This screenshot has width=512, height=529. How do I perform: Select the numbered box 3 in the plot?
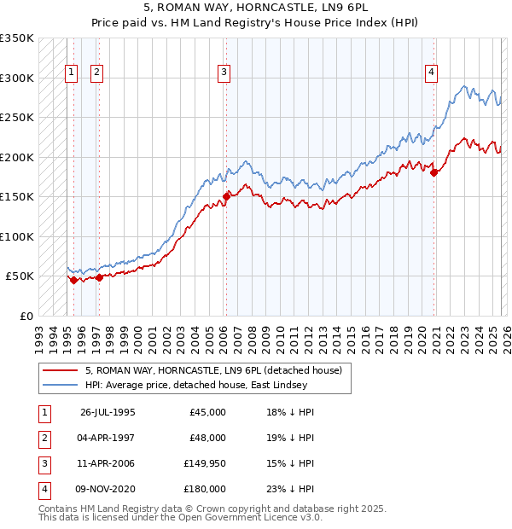(x=224, y=73)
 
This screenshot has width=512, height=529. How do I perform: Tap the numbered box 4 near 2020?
(x=432, y=73)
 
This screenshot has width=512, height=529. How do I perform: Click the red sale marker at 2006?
(x=226, y=196)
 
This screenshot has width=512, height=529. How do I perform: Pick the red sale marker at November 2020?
(x=434, y=172)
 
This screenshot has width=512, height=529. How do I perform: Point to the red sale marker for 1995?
(x=73, y=280)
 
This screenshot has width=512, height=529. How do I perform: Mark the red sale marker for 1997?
(x=99, y=277)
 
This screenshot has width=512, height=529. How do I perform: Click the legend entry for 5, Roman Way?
(x=213, y=370)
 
